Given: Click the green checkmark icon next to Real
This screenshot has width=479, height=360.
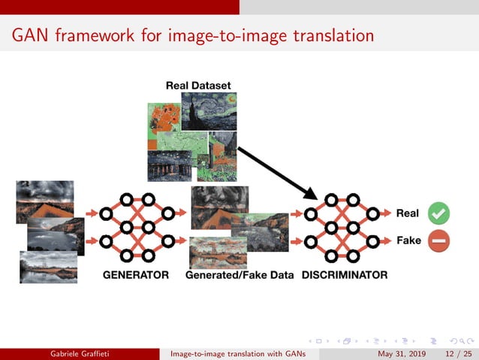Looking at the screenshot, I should click(439, 213).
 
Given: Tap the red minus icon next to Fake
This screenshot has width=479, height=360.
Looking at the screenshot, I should click(439, 241).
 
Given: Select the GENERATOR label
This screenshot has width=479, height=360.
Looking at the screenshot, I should click(136, 275).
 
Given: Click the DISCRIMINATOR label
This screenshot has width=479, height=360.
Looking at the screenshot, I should click(345, 275).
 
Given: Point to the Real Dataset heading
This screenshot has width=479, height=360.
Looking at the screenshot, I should click(198, 86).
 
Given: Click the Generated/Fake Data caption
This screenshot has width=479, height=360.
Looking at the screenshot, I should click(239, 275).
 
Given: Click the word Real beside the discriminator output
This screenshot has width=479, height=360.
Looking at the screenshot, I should click(408, 213).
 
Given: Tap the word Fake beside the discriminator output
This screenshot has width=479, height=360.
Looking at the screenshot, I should click(408, 241).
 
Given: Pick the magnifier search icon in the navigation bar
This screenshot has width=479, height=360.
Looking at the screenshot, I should click(449, 339).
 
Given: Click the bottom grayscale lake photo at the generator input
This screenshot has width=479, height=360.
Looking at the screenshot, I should click(49, 266).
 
